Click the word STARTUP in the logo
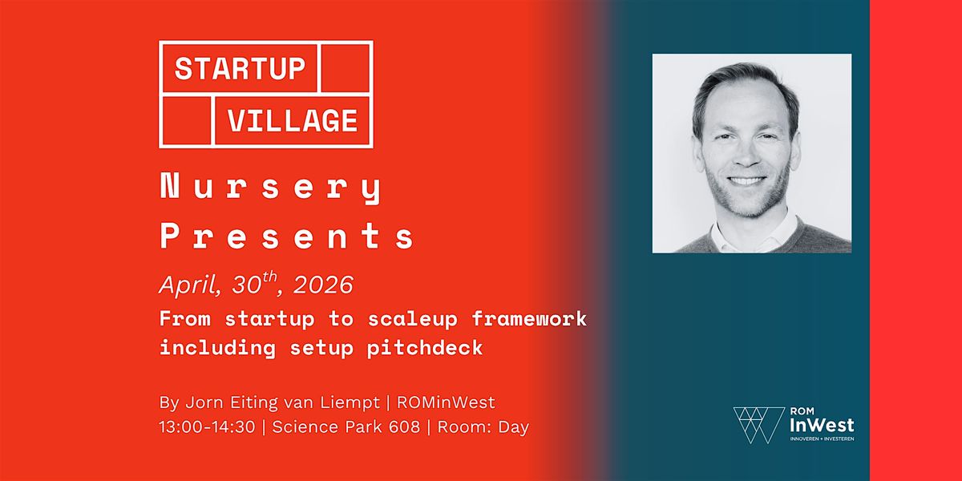[240, 69]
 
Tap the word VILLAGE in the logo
[293, 120]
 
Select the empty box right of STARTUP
[346, 68]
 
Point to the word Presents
[287, 236]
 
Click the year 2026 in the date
[323, 285]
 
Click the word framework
[529, 319]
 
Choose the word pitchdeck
[425, 347]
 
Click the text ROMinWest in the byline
[446, 402]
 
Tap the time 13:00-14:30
[207, 427]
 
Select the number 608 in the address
[404, 427]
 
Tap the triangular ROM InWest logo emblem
[759, 425]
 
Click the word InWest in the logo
[822, 426]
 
